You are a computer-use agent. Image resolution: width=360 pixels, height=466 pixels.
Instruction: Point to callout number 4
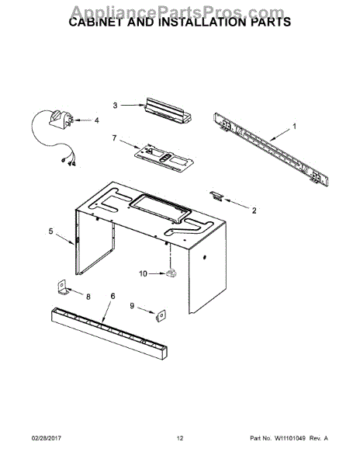(97, 120)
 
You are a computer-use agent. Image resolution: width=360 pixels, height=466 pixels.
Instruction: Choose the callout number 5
(50, 231)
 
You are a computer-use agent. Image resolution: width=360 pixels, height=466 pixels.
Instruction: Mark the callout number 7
(114, 138)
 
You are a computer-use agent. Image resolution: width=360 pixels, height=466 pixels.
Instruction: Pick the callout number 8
(87, 296)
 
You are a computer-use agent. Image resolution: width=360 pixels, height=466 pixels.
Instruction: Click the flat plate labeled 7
(162, 156)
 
